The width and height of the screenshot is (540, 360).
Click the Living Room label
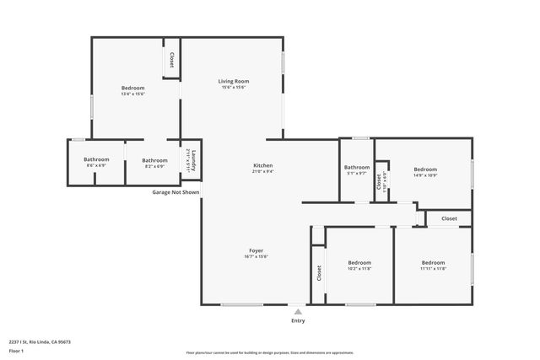tap(235, 81)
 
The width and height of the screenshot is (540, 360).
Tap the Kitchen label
tap(263, 165)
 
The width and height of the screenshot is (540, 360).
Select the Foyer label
tap(256, 251)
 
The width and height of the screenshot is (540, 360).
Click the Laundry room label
tap(192, 159)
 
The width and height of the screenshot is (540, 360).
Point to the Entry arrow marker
tap(298, 310)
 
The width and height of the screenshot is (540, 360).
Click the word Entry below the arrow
tap(298, 320)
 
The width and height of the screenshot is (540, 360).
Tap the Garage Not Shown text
tap(175, 192)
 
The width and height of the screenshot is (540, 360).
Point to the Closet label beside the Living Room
tap(172, 60)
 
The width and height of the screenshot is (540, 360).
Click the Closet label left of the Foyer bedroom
tap(319, 273)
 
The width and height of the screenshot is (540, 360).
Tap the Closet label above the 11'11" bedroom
tap(449, 218)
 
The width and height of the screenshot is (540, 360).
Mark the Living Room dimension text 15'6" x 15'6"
tap(235, 88)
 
